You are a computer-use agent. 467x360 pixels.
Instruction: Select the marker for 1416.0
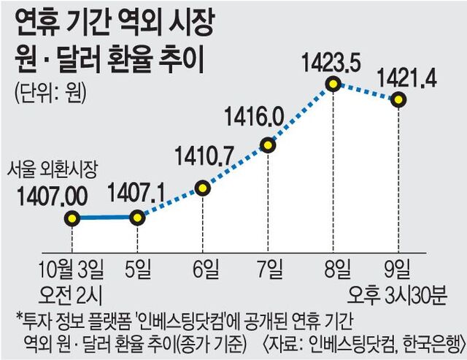coord(268,145)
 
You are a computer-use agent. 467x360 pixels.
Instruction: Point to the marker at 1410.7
coord(203,188)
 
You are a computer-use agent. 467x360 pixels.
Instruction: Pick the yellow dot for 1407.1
coord(136,218)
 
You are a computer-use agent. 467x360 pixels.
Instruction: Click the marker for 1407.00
coord(72,218)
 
